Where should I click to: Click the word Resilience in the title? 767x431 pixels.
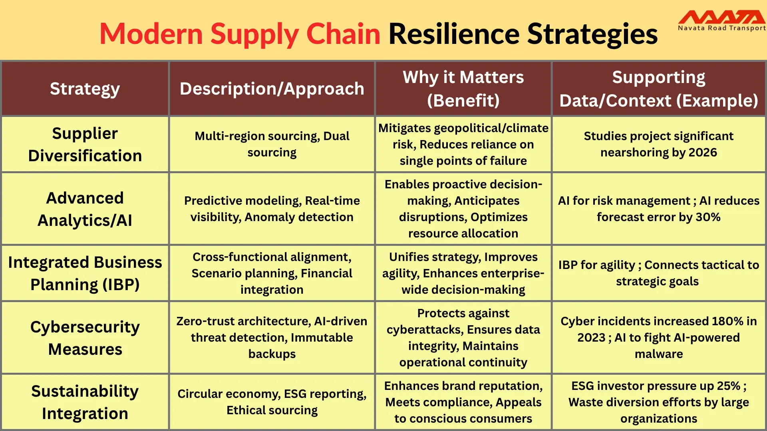[x=453, y=34]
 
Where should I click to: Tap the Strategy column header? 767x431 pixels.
[x=85, y=89]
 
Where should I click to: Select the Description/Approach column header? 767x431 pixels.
[x=272, y=89]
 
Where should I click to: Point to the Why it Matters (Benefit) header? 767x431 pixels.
[x=463, y=89]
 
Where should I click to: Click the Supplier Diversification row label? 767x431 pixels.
[x=85, y=144]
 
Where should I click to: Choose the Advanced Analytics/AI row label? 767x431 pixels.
[x=85, y=209]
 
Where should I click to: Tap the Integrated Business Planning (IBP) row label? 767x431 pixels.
[x=85, y=273]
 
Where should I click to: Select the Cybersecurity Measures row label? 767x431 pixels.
[x=85, y=338]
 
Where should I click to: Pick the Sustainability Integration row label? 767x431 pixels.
[x=85, y=402]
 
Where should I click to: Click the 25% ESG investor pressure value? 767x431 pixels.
[x=728, y=386]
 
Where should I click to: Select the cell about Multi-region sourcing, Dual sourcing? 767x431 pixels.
[x=272, y=144]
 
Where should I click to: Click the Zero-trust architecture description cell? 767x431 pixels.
[x=272, y=338]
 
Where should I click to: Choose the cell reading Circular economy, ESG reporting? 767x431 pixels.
[x=272, y=402]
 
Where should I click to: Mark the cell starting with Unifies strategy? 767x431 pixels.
[x=463, y=273]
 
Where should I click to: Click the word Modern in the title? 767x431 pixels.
[x=151, y=34]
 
